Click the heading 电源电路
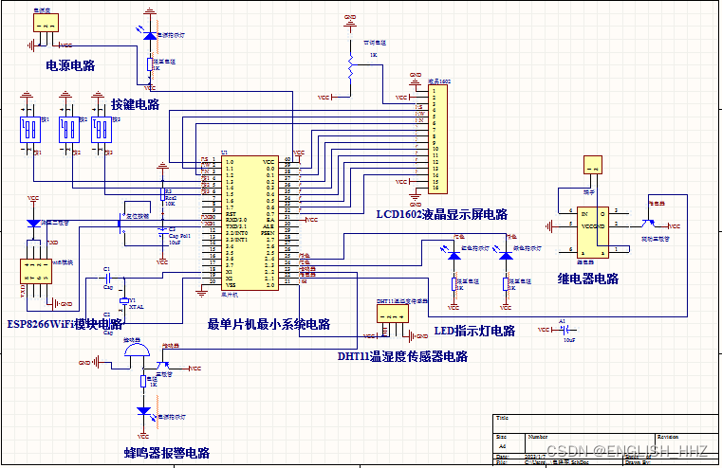(70, 66)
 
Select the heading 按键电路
(135, 104)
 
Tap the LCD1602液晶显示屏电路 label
(441, 215)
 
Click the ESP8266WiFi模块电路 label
(65, 324)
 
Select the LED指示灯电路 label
(474, 331)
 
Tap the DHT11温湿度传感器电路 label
(402, 356)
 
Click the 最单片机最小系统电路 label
(268, 324)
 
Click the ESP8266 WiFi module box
(36, 276)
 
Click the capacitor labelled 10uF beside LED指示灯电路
(567, 330)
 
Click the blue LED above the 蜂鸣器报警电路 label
(145, 412)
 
